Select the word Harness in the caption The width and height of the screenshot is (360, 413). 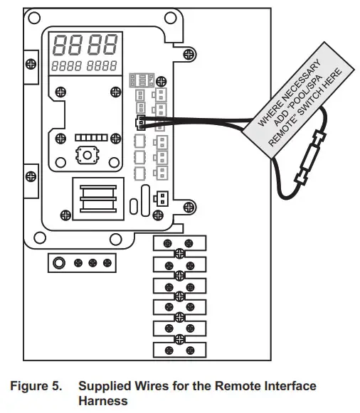click(103, 401)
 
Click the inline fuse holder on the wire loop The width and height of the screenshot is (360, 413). click(310, 157)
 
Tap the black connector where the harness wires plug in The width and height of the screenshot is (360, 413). click(140, 122)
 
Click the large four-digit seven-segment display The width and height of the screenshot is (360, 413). click(85, 45)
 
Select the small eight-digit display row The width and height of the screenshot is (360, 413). click(84, 66)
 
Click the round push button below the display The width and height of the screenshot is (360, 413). click(88, 155)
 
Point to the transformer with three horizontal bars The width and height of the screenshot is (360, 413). click(98, 199)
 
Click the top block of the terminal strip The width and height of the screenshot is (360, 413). click(179, 243)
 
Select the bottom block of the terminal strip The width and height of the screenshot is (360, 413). click(179, 350)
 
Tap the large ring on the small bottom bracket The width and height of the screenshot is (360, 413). click(59, 262)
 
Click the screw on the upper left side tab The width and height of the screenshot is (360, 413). click(31, 64)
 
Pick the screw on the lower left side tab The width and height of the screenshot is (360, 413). click(31, 176)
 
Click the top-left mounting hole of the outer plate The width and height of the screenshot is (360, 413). click(34, 18)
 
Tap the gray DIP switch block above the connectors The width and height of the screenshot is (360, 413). click(142, 80)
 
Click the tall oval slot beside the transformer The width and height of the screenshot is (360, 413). click(145, 200)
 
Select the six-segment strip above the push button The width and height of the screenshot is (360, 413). click(92, 137)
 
